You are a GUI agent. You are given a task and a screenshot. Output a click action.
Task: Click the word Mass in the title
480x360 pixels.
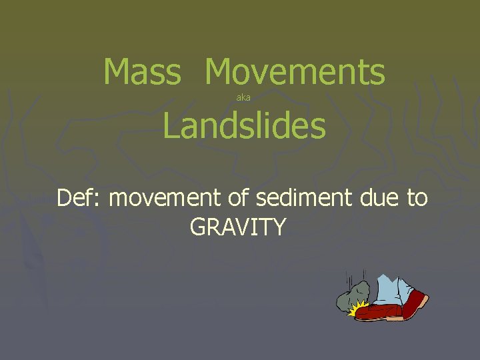pos(142,72)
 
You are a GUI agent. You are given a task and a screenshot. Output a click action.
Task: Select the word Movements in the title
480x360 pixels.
pos(295,72)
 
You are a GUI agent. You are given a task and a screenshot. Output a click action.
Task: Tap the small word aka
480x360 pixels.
pos(243,98)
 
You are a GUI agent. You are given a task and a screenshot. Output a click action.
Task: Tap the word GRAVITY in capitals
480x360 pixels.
pos(238,227)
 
